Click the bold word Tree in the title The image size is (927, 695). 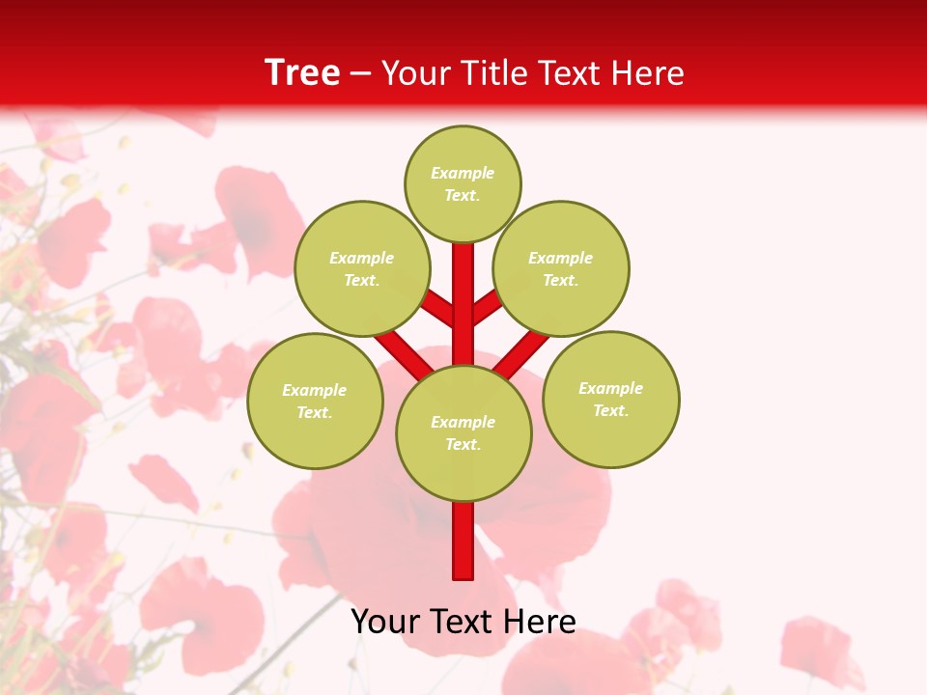pos(302,72)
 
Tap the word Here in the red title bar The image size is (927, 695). pos(648,73)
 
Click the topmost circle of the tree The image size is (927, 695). pos(463,183)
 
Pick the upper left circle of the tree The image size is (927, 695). pos(362,268)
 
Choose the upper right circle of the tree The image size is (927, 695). pos(561,268)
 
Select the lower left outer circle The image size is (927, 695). pos(315,401)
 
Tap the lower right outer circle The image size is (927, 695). pos(611,399)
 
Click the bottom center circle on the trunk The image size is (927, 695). pos(463,432)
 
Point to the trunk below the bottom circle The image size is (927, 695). pos(463,541)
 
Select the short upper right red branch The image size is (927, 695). pos(488,307)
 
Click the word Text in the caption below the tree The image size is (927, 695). pos(463,622)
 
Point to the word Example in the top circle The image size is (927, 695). pos(463,173)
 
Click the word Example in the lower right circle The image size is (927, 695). pos(610,388)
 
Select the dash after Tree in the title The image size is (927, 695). pos(360,74)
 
